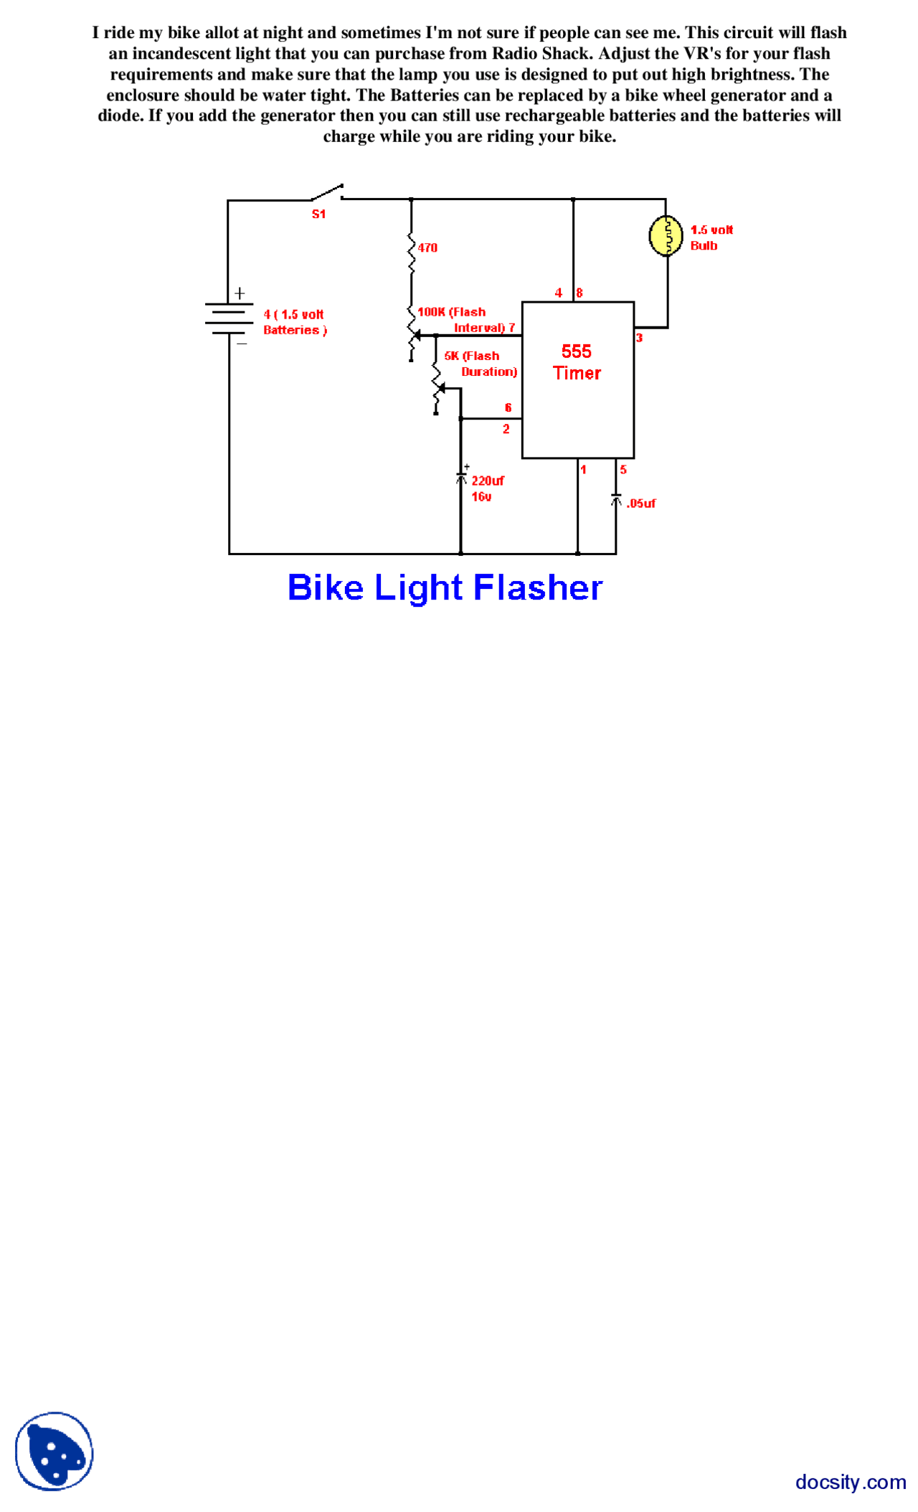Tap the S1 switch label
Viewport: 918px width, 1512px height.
click(318, 214)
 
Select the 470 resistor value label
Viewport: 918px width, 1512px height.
click(427, 247)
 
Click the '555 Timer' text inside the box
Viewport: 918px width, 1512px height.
click(577, 362)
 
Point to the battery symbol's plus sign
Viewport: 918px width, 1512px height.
click(240, 293)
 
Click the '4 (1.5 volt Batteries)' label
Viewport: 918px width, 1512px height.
click(294, 322)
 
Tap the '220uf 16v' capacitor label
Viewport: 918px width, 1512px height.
click(486, 488)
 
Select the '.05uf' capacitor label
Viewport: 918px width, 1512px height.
click(640, 504)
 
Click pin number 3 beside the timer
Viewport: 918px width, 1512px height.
click(639, 337)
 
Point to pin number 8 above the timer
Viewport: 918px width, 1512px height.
click(579, 293)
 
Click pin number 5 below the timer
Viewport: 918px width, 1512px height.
click(623, 470)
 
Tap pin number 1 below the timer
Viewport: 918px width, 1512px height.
click(583, 470)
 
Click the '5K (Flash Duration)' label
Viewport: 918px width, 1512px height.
click(479, 364)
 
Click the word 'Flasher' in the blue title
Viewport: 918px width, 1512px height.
click(538, 587)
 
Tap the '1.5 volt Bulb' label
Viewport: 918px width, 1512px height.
click(710, 237)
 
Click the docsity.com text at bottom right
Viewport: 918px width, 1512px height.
click(850, 1481)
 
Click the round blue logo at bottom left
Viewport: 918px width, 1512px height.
click(55, 1450)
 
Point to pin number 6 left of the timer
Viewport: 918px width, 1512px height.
click(508, 407)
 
